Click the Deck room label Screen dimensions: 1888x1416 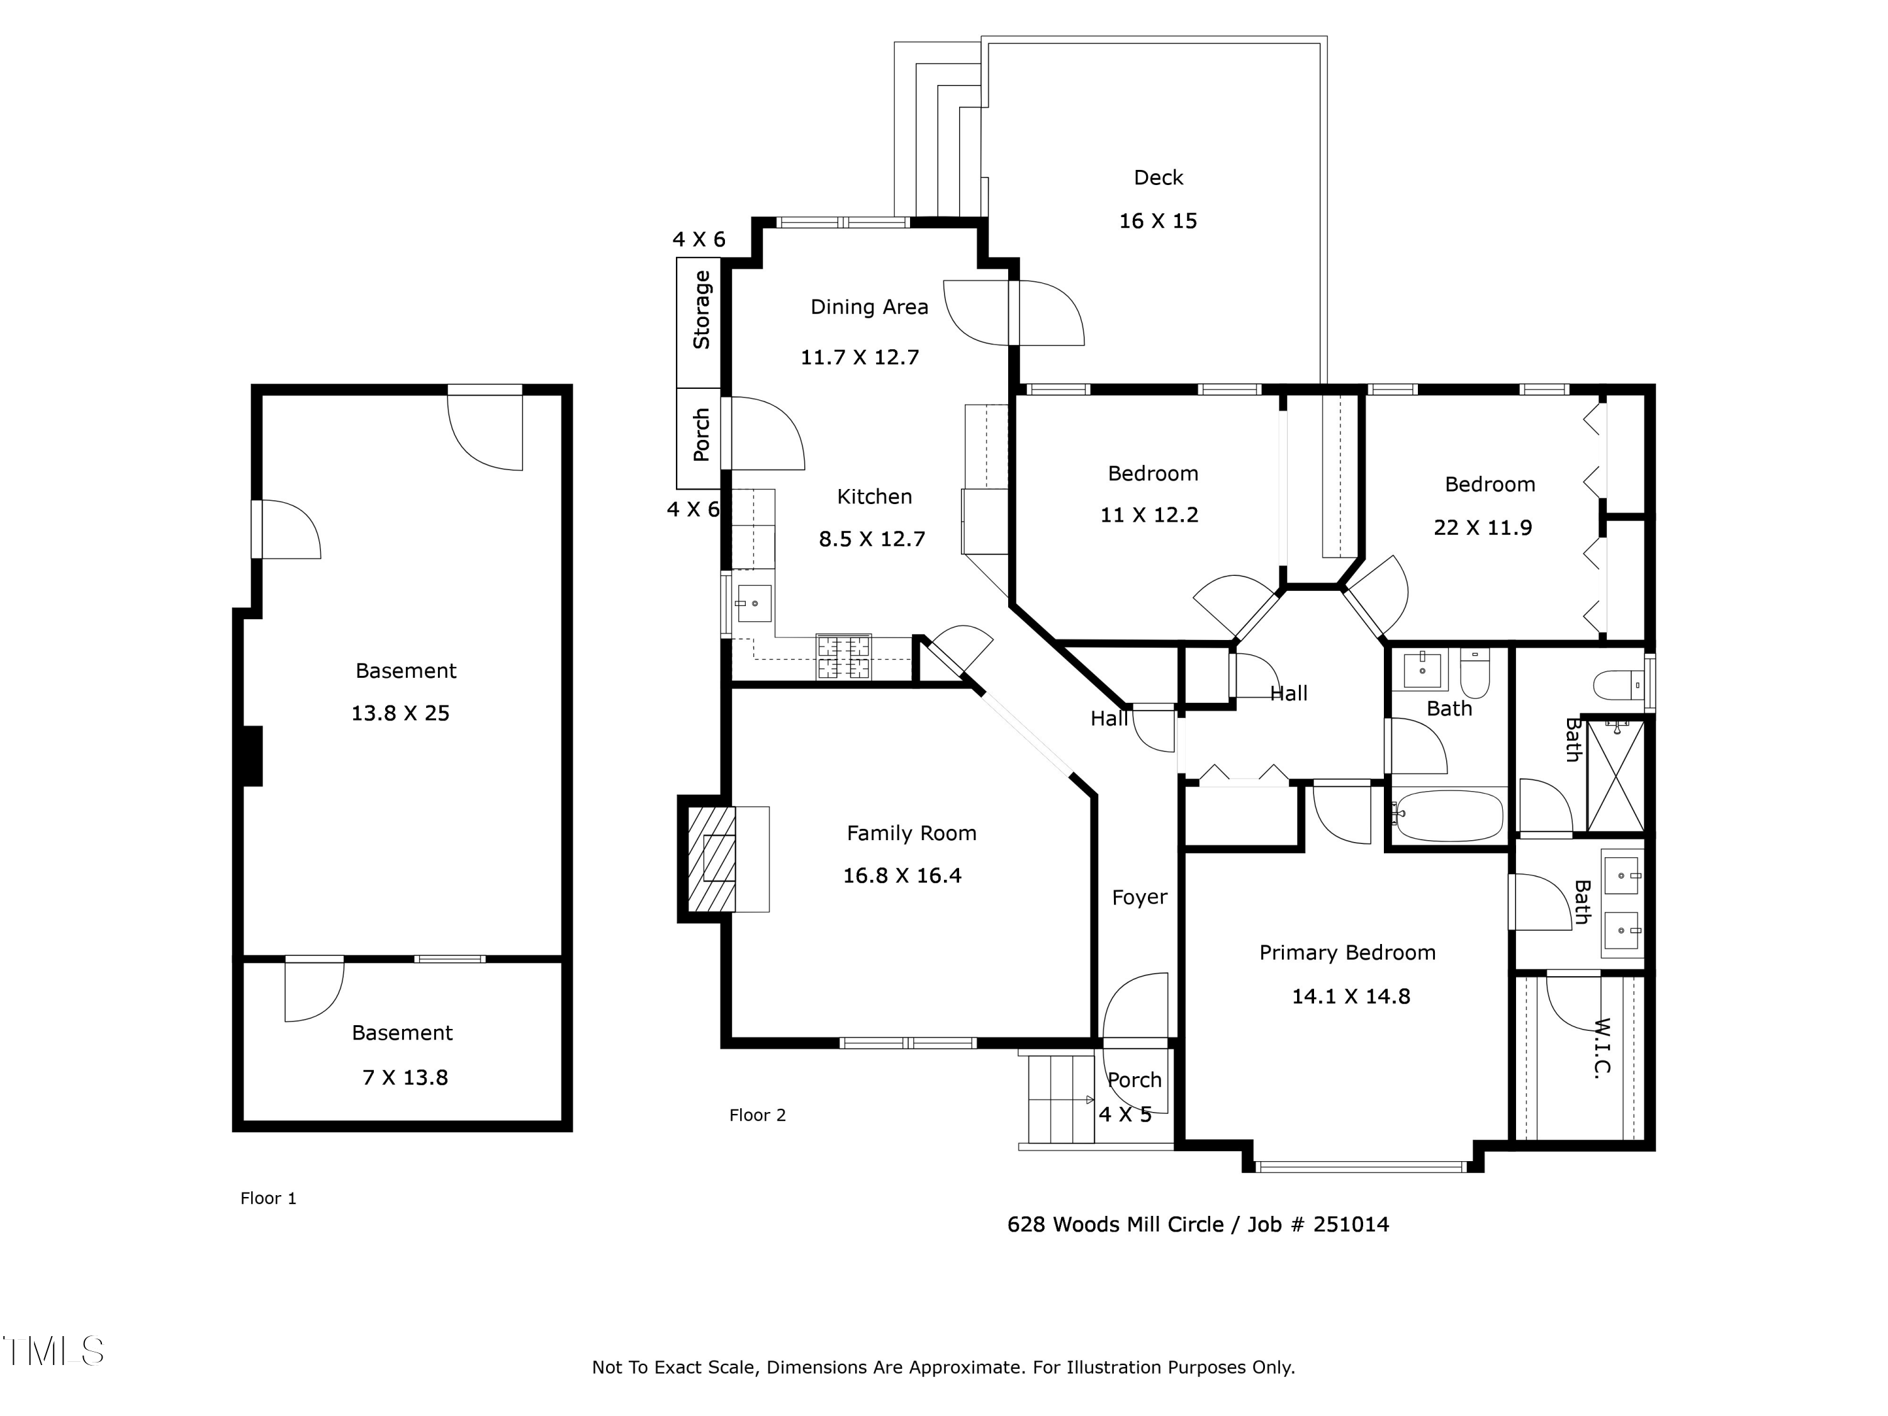pos(1158,177)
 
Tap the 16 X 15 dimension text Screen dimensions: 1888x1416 pos(1158,221)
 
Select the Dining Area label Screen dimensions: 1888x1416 pos(869,307)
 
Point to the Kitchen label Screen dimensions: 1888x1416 pos(874,497)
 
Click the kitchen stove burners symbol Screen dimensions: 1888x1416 pos(844,657)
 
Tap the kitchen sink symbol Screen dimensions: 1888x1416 pos(754,604)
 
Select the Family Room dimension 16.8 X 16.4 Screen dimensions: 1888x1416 pos(902,876)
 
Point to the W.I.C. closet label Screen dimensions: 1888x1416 pos(1602,1047)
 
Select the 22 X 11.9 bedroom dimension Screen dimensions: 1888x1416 pos(1483,527)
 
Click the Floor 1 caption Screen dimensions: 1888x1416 pos(268,1198)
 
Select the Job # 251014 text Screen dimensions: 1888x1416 pos(1318,1225)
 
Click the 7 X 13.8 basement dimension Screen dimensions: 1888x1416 pos(405,1078)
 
